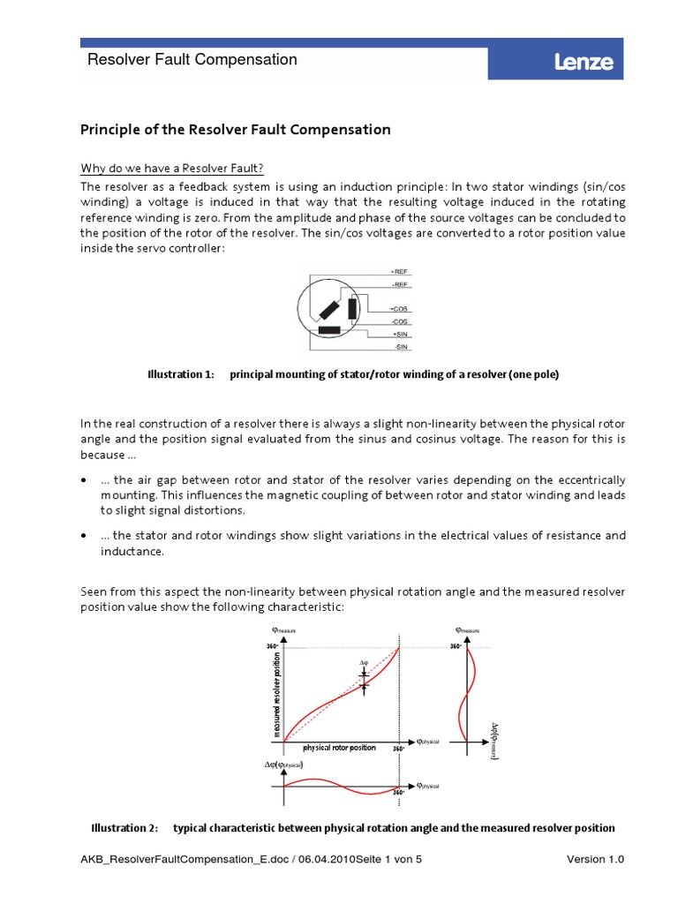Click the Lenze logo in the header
583,62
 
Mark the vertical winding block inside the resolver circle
353,308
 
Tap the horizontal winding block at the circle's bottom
329,330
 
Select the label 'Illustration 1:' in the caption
180,374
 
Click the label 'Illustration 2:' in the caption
125,828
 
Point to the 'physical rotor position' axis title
339,748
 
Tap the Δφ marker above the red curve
363,662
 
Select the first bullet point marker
84,480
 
